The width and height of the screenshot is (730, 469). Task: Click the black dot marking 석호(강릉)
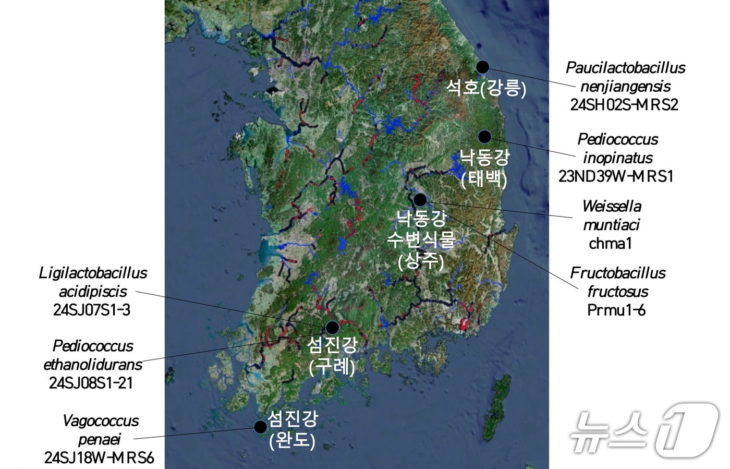tap(483, 67)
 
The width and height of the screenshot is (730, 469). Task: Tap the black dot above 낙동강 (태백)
tap(485, 137)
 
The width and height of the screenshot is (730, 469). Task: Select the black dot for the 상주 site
tap(420, 199)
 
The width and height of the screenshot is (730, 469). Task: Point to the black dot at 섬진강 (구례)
tap(332, 327)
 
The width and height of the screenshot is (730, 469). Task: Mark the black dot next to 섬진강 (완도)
tap(260, 427)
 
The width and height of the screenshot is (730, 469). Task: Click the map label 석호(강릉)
tap(486, 87)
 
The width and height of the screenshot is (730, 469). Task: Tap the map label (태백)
tap(484, 179)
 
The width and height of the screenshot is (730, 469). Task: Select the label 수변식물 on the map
tap(421, 239)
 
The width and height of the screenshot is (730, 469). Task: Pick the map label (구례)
tap(332, 367)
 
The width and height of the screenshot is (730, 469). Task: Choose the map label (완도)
tap(293, 441)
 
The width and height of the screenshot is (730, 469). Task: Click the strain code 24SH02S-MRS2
tap(624, 105)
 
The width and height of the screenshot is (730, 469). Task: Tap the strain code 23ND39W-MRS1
tap(616, 176)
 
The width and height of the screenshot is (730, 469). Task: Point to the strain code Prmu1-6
tap(616, 310)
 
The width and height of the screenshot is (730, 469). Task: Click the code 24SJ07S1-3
tap(92, 310)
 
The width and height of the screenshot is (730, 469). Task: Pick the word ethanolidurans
tap(93, 364)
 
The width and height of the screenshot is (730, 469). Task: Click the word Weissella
tap(612, 206)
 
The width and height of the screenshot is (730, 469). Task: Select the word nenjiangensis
tap(625, 86)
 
